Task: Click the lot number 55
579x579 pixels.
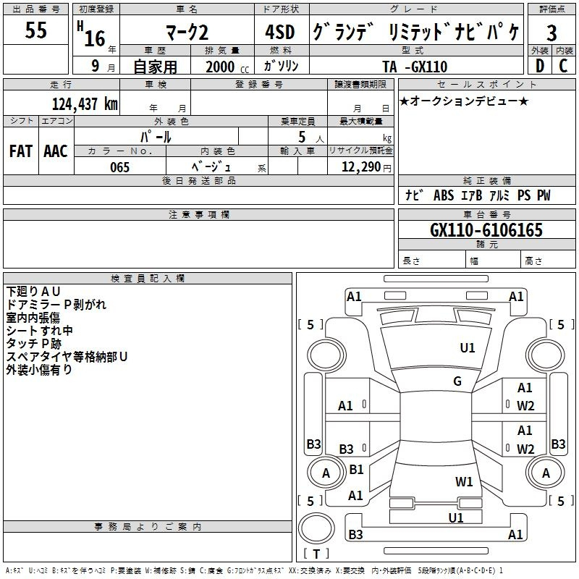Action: pos(35,30)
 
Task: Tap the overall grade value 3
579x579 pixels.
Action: pos(551,33)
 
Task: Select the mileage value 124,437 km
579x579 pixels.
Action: pos(85,103)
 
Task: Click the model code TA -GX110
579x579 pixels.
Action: pos(415,67)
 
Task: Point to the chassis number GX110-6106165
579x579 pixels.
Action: pos(486,230)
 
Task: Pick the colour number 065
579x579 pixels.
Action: pos(119,167)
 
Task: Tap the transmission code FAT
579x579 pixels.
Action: pos(21,151)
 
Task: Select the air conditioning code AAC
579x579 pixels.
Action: pos(56,151)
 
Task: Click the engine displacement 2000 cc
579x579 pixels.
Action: pos(227,67)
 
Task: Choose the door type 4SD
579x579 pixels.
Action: pos(280,32)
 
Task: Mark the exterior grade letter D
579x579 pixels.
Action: pos(540,66)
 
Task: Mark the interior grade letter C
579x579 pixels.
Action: pos(563,66)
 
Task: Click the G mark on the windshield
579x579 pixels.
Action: pos(457,381)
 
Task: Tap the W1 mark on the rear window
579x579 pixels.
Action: pos(464,481)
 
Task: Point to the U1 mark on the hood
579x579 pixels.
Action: pos(467,347)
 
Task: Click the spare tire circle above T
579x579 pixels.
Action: pos(316,528)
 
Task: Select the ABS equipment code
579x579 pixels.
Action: pos(444,195)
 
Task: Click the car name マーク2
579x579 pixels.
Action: pos(187,33)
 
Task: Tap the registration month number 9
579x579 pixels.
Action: pos(96,66)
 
